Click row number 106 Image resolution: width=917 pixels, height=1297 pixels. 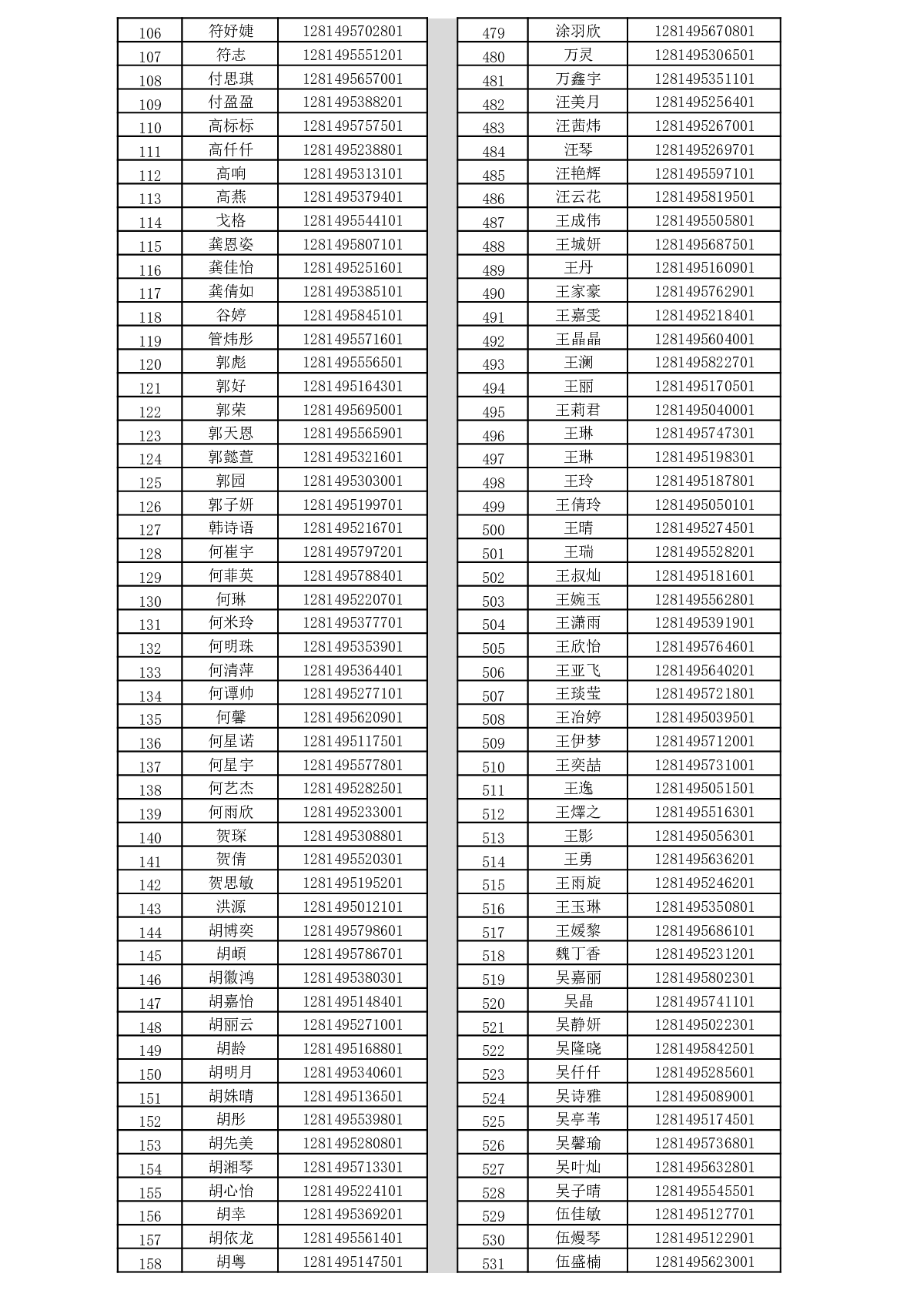coord(149,33)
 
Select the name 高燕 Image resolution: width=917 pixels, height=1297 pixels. coord(230,197)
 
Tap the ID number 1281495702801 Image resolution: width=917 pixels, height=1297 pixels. coord(353,32)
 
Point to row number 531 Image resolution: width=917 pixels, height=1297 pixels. coord(493,1264)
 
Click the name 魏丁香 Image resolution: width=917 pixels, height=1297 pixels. coord(577,954)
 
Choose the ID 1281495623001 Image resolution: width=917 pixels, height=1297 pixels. coord(704,1262)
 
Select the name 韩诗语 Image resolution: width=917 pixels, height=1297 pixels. coord(230,528)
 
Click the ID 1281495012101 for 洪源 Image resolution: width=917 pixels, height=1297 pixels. coord(353,907)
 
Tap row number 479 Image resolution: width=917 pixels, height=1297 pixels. coord(493,33)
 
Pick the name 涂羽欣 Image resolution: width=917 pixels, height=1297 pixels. coord(577,32)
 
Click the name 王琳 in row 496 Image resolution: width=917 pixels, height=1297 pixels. coord(577,434)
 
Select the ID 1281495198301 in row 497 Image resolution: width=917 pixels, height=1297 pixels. coord(704,457)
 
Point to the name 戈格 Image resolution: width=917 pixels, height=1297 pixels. coord(230,221)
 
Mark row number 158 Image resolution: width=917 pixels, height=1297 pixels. coord(149,1264)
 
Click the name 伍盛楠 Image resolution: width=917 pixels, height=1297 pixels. coord(577,1262)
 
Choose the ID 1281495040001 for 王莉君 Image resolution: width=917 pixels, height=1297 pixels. coord(704,410)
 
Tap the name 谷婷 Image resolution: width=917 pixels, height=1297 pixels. coord(230,316)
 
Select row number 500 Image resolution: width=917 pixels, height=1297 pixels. coord(493,530)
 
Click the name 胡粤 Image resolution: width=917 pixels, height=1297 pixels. coord(230,1262)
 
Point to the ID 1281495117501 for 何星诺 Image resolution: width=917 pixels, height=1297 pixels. coord(353,741)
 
